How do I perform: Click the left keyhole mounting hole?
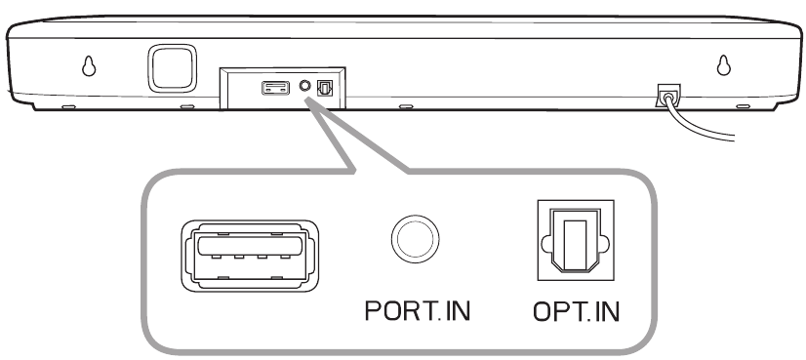pyautogui.click(x=89, y=65)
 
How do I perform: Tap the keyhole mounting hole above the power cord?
pyautogui.click(x=724, y=64)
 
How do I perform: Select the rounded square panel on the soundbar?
pyautogui.click(x=172, y=68)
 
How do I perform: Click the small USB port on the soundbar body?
pyautogui.click(x=275, y=88)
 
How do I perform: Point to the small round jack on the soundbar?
pyautogui.click(x=304, y=86)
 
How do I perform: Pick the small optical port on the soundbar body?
pyautogui.click(x=325, y=88)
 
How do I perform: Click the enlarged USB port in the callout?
pyautogui.click(x=250, y=256)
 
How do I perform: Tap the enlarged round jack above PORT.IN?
pyautogui.click(x=415, y=239)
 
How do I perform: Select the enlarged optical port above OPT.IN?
pyautogui.click(x=576, y=240)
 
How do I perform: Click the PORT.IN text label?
pyautogui.click(x=418, y=310)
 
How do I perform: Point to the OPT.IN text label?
pyautogui.click(x=577, y=311)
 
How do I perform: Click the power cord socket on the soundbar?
pyautogui.click(x=667, y=96)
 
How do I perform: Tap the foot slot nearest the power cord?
pyautogui.click(x=744, y=106)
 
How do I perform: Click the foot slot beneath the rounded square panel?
pyautogui.click(x=187, y=107)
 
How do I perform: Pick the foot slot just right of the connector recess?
pyautogui.click(x=406, y=106)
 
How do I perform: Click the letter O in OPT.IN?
pyautogui.click(x=543, y=311)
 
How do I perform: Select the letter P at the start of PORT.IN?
pyautogui.click(x=372, y=310)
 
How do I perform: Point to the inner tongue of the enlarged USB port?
pyautogui.click(x=250, y=247)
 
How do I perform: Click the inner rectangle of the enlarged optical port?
pyautogui.click(x=575, y=242)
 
